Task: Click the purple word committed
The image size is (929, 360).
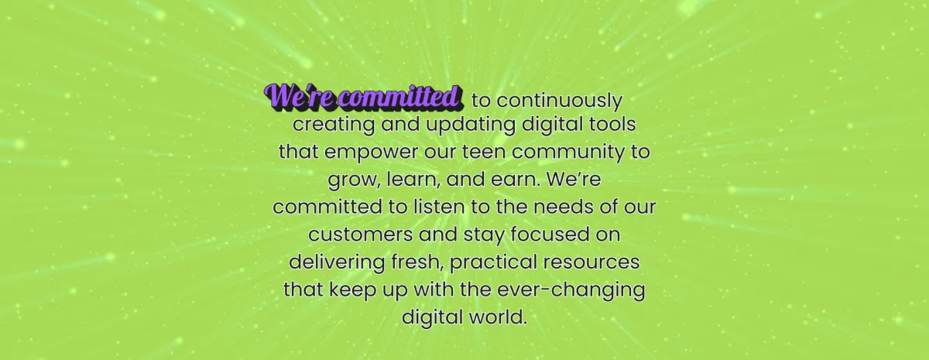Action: [x=400, y=97]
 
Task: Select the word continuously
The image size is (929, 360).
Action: [x=560, y=101]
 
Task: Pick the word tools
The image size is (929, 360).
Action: [x=614, y=124]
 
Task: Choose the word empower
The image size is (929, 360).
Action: [x=371, y=153]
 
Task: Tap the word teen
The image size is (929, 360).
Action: [x=484, y=152]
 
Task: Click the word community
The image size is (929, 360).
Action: [x=568, y=153]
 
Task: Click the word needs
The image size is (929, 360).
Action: [x=564, y=207]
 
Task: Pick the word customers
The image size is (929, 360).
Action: [x=361, y=235]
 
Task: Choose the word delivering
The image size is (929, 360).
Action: [x=337, y=262]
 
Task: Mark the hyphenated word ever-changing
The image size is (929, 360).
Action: [x=571, y=290]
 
